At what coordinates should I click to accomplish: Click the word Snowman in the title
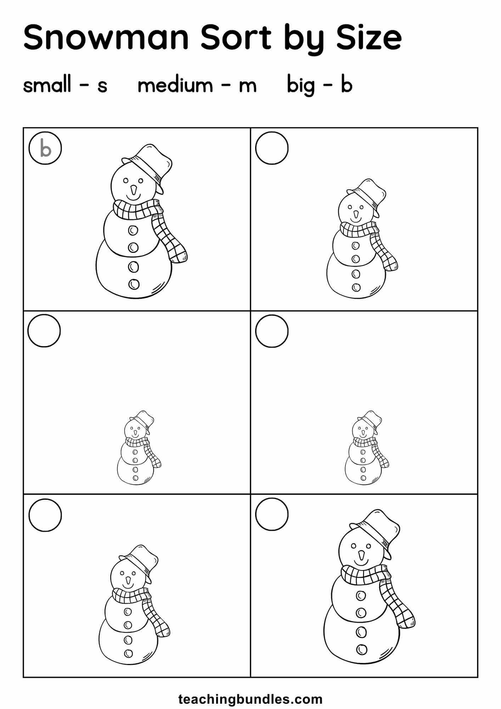pos(106,37)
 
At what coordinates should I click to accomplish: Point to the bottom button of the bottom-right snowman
pos(362,649)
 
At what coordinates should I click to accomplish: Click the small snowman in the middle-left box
pos(139,448)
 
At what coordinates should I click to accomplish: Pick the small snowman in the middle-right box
pos(367,448)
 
